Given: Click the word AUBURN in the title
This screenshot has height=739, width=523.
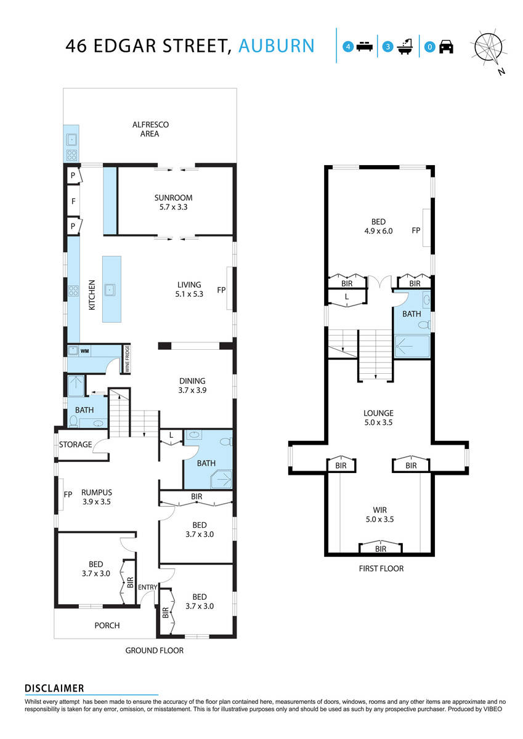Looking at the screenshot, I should point(276,46).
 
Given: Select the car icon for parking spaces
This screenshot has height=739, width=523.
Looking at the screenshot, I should point(446,46).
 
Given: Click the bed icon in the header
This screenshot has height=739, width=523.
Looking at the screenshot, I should point(364,46).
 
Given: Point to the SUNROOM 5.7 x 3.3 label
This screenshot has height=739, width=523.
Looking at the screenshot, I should point(173,203).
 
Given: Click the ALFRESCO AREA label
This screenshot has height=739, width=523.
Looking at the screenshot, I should point(150,129).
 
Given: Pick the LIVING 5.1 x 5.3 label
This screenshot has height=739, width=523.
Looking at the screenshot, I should point(189,289).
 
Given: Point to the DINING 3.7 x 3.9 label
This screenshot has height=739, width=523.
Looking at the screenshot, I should point(192,386).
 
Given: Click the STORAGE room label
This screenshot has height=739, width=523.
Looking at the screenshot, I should point(75,445).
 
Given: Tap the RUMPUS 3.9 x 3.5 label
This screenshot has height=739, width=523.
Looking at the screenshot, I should point(97,497).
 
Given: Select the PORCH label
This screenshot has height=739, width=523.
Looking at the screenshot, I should point(107,625).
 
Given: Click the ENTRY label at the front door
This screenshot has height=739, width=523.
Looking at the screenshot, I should point(147,587).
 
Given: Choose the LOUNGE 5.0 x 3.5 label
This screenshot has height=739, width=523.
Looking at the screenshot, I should point(378,418).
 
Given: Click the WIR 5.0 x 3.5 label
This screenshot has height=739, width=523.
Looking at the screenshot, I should point(380,514).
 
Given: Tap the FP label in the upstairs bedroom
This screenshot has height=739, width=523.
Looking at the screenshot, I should point(416,231).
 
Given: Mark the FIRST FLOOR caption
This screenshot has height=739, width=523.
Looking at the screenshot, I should point(381,568).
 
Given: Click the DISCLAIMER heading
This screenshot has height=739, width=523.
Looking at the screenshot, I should point(54,689).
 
